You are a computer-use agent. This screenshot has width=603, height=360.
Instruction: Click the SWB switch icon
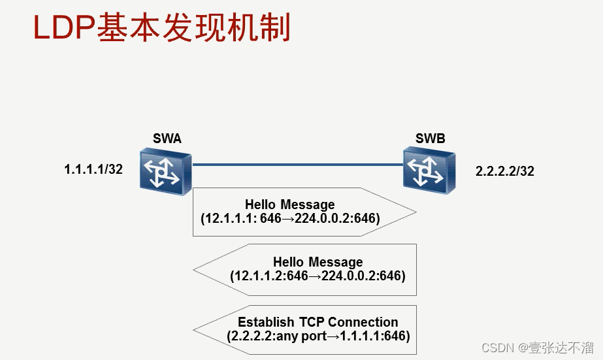[x=428, y=170]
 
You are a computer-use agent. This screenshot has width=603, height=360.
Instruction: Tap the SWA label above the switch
[x=167, y=139]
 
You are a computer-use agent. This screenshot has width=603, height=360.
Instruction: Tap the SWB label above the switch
[x=430, y=139]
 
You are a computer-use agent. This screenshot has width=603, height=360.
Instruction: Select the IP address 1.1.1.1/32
[x=93, y=170]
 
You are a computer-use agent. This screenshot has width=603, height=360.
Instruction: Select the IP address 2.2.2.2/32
[x=505, y=172]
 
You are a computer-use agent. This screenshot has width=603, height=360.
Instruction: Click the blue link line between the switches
[x=297, y=165]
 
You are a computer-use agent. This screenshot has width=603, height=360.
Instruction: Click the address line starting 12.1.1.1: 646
[x=290, y=218]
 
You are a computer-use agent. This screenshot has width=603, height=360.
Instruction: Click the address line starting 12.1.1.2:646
[x=318, y=276]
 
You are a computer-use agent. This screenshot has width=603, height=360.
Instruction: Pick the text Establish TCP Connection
[x=318, y=322]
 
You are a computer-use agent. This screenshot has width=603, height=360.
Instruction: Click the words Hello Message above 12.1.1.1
[x=289, y=205]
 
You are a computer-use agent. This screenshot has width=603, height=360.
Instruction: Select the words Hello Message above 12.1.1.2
[x=318, y=263]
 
